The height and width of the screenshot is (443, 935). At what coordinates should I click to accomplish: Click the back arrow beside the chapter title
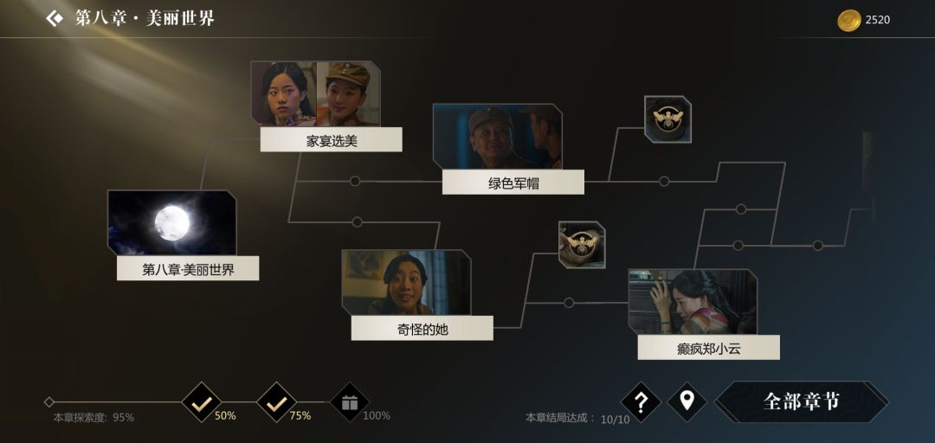pos(55,18)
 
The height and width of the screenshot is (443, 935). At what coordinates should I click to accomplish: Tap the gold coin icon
pos(848,20)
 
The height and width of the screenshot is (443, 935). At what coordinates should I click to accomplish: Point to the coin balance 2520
pos(878,20)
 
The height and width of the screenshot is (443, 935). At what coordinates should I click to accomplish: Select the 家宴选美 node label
pos(331,140)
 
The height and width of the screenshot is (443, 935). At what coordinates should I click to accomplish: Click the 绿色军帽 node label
pos(513,183)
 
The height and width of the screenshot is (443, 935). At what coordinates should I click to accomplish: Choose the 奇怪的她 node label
pos(422,329)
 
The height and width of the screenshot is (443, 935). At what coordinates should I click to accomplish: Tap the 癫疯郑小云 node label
pos(708,348)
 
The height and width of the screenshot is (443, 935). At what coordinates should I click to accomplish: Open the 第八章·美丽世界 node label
pos(188,269)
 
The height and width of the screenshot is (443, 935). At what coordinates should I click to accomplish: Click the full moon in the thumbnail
pos(172,223)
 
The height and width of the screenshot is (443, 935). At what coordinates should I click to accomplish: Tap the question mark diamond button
pos(641,402)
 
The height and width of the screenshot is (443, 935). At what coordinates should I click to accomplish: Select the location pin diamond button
pos(687,401)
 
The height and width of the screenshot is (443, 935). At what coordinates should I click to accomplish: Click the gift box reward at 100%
pos(350,402)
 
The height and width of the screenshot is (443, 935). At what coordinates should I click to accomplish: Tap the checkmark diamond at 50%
pos(202,402)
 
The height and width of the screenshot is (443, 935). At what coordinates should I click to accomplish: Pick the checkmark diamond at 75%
pos(276,402)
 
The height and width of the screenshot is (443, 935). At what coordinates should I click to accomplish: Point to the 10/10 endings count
pos(615,419)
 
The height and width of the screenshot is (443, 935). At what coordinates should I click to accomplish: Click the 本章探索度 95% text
pos(93,417)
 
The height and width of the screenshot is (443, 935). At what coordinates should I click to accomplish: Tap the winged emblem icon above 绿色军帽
pos(667,119)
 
